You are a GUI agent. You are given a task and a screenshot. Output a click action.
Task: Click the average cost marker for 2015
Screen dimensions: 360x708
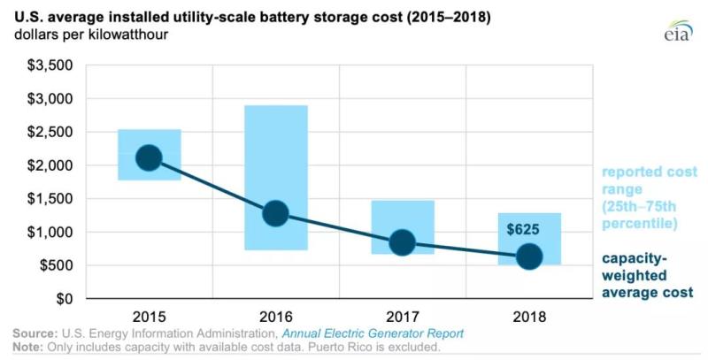(x=149, y=158)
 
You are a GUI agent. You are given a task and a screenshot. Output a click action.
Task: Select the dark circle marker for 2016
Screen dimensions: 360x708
(x=275, y=213)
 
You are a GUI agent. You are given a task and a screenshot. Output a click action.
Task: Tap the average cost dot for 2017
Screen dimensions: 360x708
(x=402, y=242)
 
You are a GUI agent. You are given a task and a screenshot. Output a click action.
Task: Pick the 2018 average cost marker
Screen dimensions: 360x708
(x=529, y=257)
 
